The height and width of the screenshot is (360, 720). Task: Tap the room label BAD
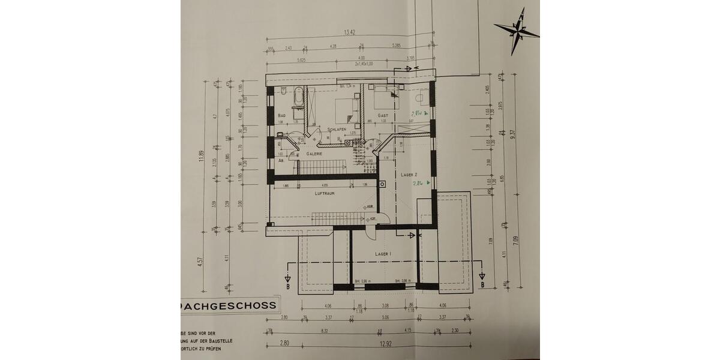point(281,115)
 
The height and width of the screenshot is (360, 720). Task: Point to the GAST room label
point(383,115)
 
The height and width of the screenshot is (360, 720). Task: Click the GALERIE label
point(315,154)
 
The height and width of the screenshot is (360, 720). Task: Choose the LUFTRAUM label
point(325,194)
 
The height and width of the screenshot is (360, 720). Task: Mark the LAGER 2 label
point(409,174)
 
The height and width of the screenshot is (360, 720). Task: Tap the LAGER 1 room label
point(383,254)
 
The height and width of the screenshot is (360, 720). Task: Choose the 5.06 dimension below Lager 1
point(385,319)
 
